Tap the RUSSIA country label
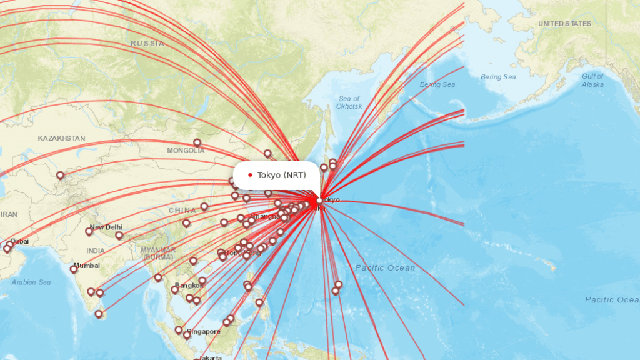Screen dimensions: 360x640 click(x=147, y=44)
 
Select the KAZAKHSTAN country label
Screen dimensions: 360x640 click(x=61, y=138)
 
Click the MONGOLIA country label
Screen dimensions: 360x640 click(x=186, y=151)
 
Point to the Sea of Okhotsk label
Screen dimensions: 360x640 click(x=349, y=102)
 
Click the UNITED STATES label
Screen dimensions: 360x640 click(x=564, y=24)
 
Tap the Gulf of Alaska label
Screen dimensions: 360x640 click(x=592, y=80)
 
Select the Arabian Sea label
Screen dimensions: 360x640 click(x=31, y=282)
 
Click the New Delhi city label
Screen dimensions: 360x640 click(x=106, y=227)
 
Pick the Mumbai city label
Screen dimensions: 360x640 click(x=87, y=266)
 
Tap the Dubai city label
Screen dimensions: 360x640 click(x=19, y=241)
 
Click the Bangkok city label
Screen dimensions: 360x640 click(x=190, y=286)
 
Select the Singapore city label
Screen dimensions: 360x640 click(x=204, y=331)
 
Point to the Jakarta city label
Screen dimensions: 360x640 click(x=207, y=358)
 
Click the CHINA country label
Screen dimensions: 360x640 click(x=182, y=211)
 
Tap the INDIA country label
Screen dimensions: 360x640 click(x=96, y=251)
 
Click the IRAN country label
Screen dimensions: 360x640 click(x=9, y=214)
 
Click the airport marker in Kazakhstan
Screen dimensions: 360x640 click(x=60, y=176)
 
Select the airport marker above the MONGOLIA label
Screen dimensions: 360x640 click(x=197, y=142)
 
